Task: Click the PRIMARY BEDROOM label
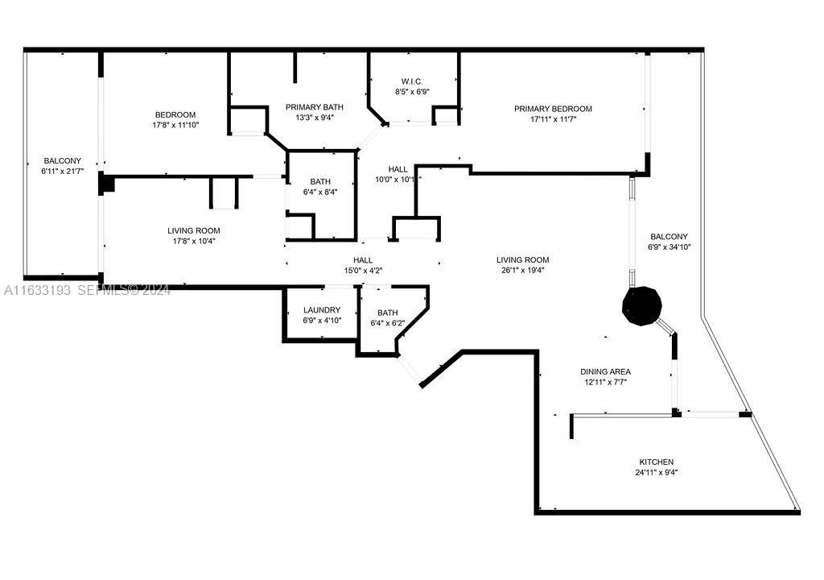pyautogui.click(x=553, y=109)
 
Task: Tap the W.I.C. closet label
pyautogui.click(x=412, y=81)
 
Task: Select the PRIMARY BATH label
pyautogui.click(x=315, y=107)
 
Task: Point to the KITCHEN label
pyautogui.click(x=657, y=462)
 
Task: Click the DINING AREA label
pyautogui.click(x=605, y=371)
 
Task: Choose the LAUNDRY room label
pyautogui.click(x=322, y=310)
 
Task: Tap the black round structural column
pyautogui.click(x=641, y=306)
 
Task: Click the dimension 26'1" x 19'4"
pyautogui.click(x=523, y=271)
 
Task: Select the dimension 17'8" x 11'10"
pyautogui.click(x=175, y=125)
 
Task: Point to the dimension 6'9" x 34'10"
pyautogui.click(x=669, y=246)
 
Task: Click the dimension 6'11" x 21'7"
pyautogui.click(x=63, y=171)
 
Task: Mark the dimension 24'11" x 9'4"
pyautogui.click(x=657, y=473)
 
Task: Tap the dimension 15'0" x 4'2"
pyautogui.click(x=363, y=271)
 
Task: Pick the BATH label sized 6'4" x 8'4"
pyautogui.click(x=320, y=181)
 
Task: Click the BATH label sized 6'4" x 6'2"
pyautogui.click(x=387, y=313)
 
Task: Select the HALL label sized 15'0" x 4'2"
pyautogui.click(x=363, y=260)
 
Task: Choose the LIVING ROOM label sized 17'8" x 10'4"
pyautogui.click(x=194, y=230)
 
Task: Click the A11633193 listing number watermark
pyautogui.click(x=37, y=290)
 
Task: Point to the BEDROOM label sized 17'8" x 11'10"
pyautogui.click(x=175, y=114)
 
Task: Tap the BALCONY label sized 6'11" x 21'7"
pyautogui.click(x=63, y=160)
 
